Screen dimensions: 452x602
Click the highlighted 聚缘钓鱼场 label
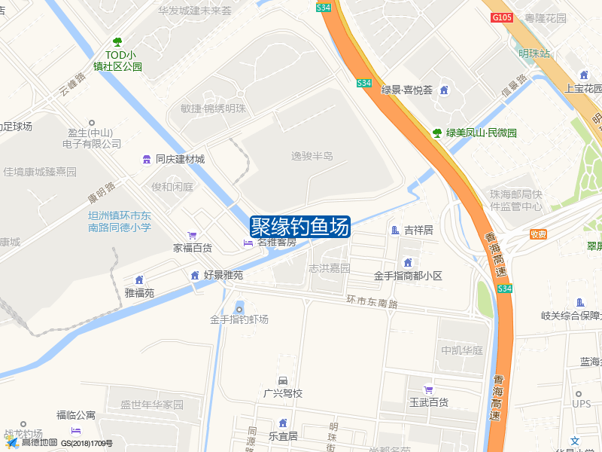tap(299, 226)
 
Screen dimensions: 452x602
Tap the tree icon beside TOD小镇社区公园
tap(117, 42)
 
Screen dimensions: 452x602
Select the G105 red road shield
tap(501, 17)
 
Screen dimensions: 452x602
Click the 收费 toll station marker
tap(538, 234)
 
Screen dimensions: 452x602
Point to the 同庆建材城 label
tap(180, 159)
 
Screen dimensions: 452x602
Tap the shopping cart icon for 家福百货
tap(193, 235)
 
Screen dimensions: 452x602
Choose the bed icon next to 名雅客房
tap(248, 243)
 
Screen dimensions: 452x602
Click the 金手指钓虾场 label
tap(239, 319)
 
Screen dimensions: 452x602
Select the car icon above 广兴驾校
tap(283, 380)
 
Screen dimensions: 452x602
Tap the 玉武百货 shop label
tap(428, 402)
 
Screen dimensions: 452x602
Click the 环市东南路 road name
tap(372, 301)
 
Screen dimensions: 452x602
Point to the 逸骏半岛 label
tap(312, 156)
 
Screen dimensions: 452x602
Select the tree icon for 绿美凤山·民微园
tap(437, 133)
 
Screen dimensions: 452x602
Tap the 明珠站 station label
tap(534, 53)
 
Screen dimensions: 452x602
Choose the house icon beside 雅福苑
tap(139, 280)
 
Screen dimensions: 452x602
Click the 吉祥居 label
tap(418, 230)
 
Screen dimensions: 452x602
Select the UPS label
tap(582, 404)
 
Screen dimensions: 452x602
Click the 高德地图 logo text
tap(38, 443)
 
